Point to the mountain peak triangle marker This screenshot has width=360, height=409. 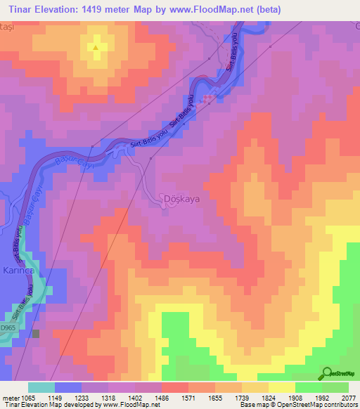click(96, 48)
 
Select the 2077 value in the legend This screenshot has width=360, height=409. click(349, 398)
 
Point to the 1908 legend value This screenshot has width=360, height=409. click(295, 398)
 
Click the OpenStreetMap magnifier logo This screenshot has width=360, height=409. click(326, 372)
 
